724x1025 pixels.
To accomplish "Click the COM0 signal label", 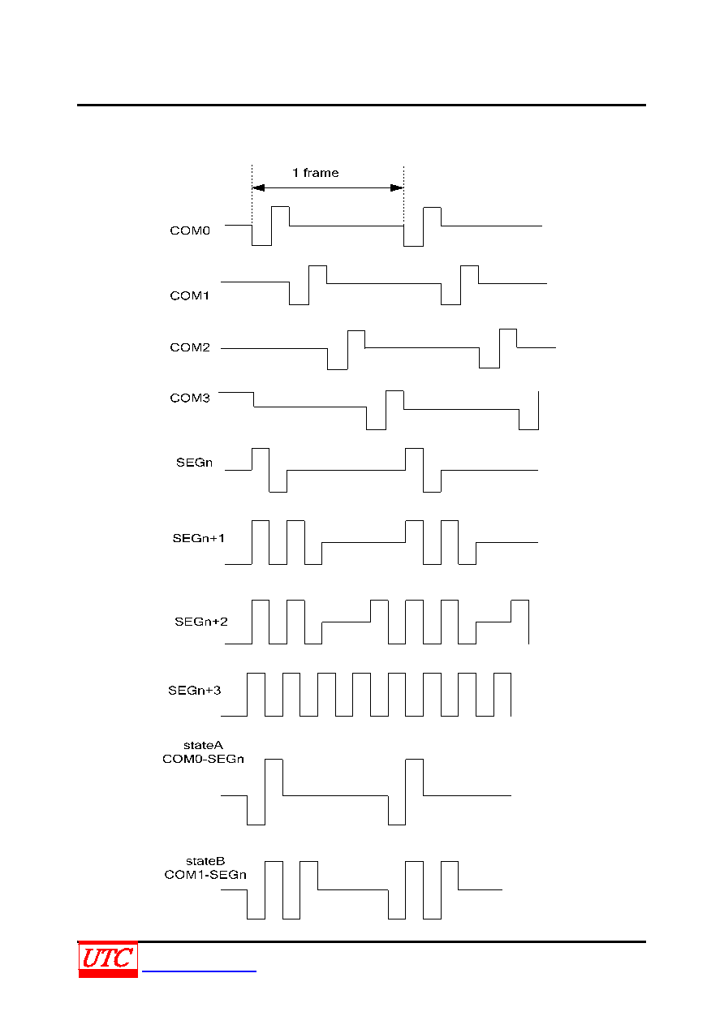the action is (x=189, y=230).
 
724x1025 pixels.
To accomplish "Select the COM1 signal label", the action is (x=189, y=295).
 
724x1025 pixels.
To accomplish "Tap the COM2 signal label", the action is (x=189, y=347).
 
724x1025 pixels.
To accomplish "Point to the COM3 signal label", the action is (x=189, y=398).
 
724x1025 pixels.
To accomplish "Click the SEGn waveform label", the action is (x=194, y=463).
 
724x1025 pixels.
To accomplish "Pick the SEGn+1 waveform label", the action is (x=198, y=538).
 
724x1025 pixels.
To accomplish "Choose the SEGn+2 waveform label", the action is (x=200, y=622).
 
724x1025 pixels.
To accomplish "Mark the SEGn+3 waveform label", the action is (x=194, y=690).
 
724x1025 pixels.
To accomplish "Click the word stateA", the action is (x=203, y=745).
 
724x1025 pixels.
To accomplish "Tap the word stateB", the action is (x=205, y=861).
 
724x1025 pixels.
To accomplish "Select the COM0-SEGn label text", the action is (x=203, y=759).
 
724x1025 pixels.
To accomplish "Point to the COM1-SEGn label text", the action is (x=205, y=874).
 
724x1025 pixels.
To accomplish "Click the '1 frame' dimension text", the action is (x=315, y=173).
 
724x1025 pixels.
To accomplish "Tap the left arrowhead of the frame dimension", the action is (x=258, y=187).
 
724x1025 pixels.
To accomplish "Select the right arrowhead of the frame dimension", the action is (x=397, y=187).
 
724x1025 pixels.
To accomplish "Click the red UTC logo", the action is (x=108, y=959).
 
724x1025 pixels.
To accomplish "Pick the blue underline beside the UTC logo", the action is (x=199, y=971).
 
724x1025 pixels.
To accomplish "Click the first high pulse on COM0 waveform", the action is (x=281, y=207).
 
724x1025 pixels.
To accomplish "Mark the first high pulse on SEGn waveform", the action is (x=261, y=449).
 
